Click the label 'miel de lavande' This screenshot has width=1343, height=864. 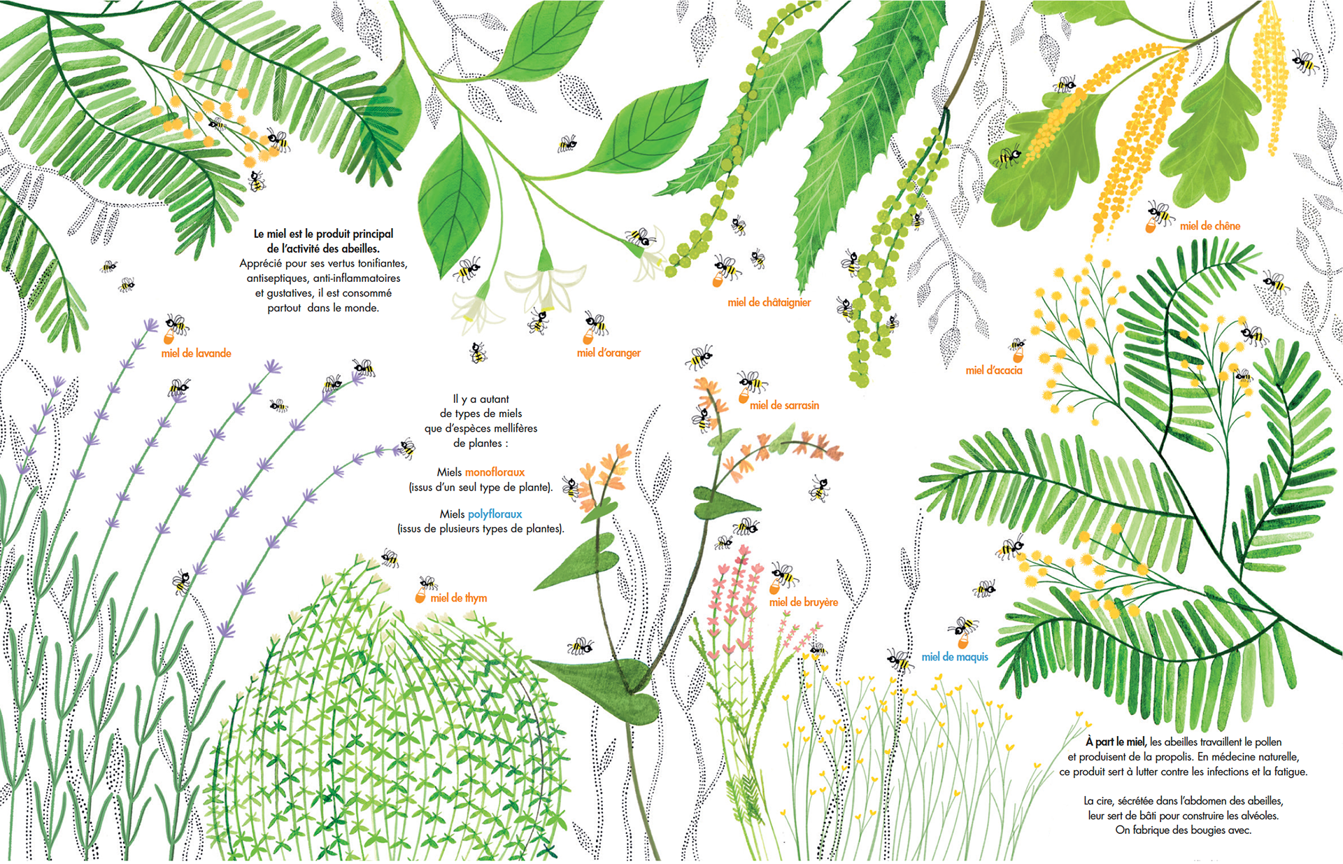coord(196,353)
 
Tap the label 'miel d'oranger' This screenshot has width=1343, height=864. coord(609,353)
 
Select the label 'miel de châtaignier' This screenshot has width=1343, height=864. coord(769,302)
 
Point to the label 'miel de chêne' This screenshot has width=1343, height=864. coord(1210,226)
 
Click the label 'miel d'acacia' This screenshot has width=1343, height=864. coord(994,370)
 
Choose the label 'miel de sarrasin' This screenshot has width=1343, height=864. coord(784,405)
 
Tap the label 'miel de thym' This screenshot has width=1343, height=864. coord(459,597)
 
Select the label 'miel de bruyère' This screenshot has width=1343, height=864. coord(804,602)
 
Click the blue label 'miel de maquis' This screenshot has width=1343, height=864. coord(955,657)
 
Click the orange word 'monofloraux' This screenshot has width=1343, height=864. coord(495,472)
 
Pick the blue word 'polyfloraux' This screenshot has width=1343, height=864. coord(495,514)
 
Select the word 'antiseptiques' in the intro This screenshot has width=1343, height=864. coord(276,278)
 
